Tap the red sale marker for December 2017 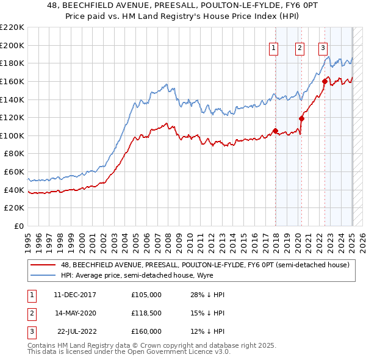pyautogui.click(x=275, y=131)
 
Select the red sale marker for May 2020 pyautogui.click(x=301, y=119)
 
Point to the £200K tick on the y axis pyautogui.click(x=13, y=45)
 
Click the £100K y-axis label pyautogui.click(x=13, y=135)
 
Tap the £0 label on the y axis pyautogui.click(x=19, y=226)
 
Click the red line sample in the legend pyautogui.click(x=43, y=265)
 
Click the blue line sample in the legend pyautogui.click(x=43, y=275)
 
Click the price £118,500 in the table pyautogui.click(x=146, y=313)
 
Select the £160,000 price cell pyautogui.click(x=146, y=331)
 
